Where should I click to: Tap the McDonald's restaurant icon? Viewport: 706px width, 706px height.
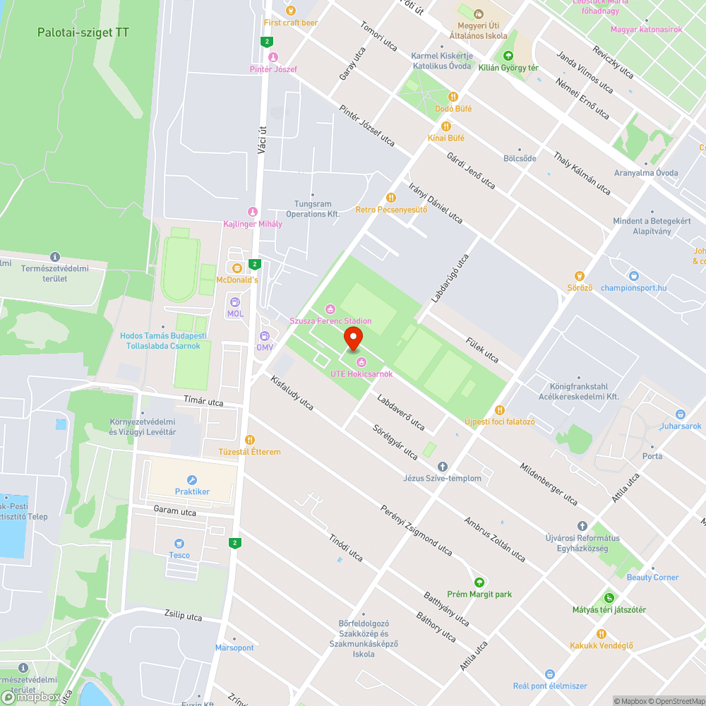[x=235, y=268]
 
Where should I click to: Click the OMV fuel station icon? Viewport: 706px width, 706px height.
[x=264, y=336]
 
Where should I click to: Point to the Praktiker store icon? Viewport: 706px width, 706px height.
[x=192, y=480]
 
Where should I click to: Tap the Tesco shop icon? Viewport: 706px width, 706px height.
[x=179, y=543]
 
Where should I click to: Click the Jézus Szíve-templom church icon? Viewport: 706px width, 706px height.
[x=443, y=467]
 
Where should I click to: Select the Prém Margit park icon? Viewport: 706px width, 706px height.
[x=479, y=582]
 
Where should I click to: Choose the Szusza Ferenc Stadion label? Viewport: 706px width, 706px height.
[x=330, y=321]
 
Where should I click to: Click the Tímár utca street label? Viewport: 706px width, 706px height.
[x=203, y=402]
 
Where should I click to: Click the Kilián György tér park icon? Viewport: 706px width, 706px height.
[x=507, y=56]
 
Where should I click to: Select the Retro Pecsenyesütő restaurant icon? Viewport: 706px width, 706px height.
[x=390, y=198]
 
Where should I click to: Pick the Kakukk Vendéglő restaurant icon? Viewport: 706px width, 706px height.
[x=601, y=633]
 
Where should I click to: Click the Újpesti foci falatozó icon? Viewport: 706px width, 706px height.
[x=500, y=410]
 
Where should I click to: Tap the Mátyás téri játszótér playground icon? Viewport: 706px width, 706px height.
[x=609, y=598]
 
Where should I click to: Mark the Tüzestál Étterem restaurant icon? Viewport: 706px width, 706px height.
[x=251, y=440]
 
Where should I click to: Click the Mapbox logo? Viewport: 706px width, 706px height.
[x=32, y=696]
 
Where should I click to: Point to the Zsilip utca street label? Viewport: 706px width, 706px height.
[x=183, y=616]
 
